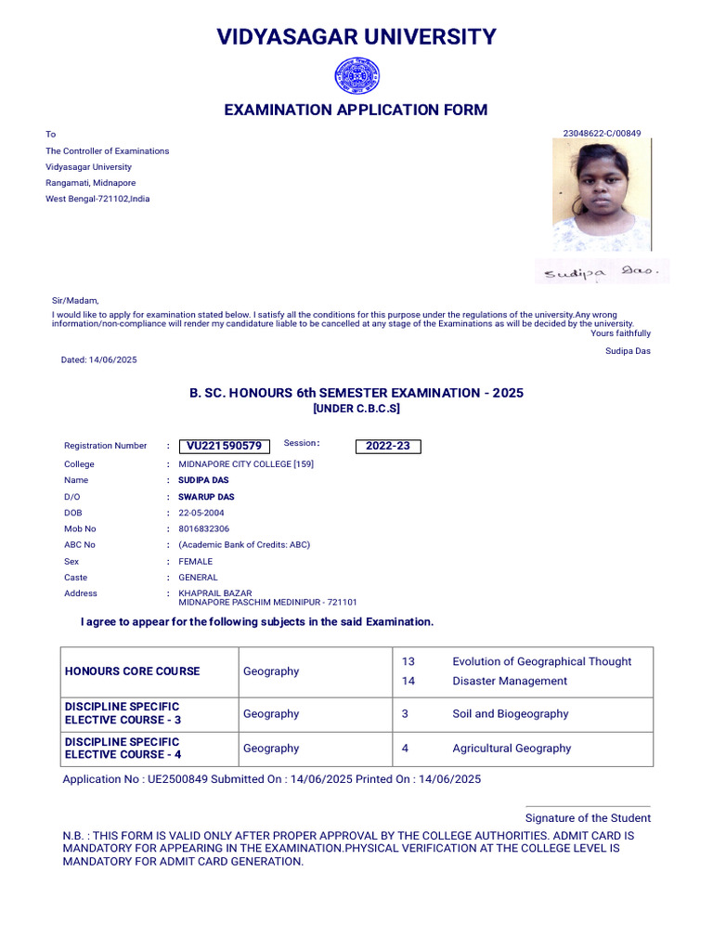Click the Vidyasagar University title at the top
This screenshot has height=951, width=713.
coord(356,37)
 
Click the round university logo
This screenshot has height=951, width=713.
coord(356,75)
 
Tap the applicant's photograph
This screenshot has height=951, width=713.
coord(601,195)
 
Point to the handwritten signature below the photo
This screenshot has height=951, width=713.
coord(601,273)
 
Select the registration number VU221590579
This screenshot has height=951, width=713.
coord(224,447)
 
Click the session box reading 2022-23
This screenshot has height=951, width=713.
coord(388,447)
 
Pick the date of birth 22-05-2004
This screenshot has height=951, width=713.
coord(201,513)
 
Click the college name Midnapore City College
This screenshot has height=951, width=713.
coord(246,463)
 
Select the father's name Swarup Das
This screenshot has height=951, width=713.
coord(206,497)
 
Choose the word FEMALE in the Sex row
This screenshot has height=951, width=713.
coord(196,561)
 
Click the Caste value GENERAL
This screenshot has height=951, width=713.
coord(198,578)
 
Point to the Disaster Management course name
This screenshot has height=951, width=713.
coord(510,681)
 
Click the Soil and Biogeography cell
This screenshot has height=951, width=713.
coord(511,714)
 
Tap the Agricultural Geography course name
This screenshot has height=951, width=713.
coord(512,749)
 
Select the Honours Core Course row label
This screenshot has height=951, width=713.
coord(132,671)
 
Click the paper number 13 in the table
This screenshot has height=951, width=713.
coord(408,661)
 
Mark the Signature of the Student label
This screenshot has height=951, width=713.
coord(588,818)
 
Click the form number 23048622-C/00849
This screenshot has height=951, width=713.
coord(602,134)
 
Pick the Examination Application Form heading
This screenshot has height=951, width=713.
coord(356,111)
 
